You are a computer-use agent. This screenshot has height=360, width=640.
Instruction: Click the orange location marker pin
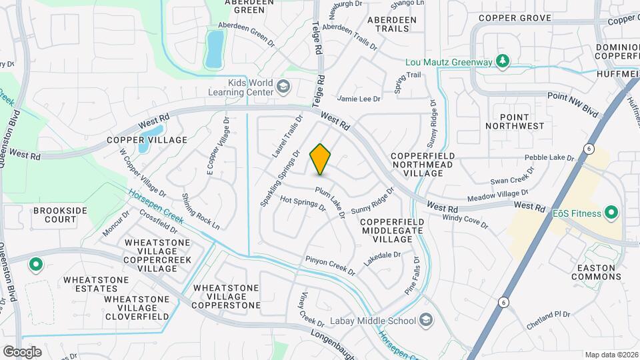321,159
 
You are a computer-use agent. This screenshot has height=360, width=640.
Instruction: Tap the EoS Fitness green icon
611,213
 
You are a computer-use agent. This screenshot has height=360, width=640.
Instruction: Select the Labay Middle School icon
425,321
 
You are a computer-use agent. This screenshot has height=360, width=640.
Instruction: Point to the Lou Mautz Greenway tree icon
503,62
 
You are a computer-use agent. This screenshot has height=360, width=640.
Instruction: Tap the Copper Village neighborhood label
147,141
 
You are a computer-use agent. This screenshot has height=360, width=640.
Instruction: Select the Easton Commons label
597,272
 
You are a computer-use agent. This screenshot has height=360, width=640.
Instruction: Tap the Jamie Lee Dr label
359,99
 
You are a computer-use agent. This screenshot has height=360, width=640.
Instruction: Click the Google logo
23,351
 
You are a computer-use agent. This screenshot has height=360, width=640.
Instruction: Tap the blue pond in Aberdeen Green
215,49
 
